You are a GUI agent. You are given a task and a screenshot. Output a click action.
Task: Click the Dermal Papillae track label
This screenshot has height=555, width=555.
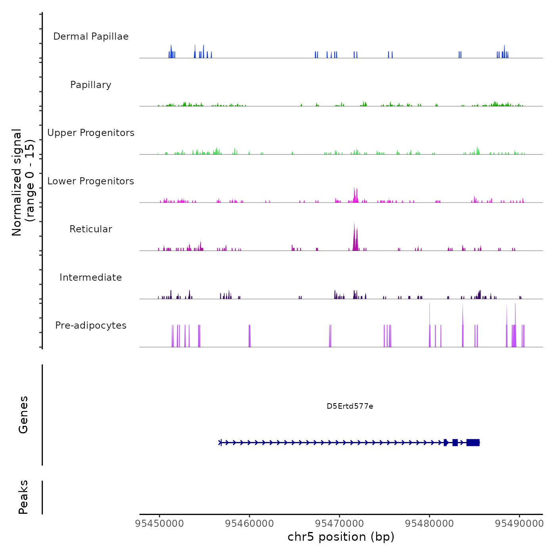click(x=91, y=36)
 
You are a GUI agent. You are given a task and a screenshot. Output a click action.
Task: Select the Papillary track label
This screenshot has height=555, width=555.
click(x=91, y=85)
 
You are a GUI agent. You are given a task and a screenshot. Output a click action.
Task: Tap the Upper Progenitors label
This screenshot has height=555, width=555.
click(x=91, y=133)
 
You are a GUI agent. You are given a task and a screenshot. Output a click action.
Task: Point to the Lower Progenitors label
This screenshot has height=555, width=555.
click(x=91, y=181)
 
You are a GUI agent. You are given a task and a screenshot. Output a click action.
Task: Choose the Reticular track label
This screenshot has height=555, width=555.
click(x=91, y=229)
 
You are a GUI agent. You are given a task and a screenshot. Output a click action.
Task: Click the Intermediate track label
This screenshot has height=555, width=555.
click(x=91, y=277)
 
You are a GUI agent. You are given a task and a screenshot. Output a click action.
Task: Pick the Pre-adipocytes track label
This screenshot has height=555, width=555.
click(x=91, y=325)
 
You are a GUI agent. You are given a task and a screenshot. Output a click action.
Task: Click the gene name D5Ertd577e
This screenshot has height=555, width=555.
click(x=350, y=406)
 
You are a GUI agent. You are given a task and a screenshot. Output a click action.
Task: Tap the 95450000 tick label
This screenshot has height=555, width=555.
click(x=159, y=524)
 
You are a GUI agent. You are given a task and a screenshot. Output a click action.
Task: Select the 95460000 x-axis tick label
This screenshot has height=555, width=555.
click(x=249, y=524)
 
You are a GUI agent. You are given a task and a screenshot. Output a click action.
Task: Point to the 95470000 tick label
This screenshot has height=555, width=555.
click(x=339, y=524)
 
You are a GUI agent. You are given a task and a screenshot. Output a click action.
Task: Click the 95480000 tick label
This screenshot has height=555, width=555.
click(x=429, y=524)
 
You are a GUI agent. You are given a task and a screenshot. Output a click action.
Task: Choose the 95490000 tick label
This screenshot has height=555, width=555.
click(x=519, y=524)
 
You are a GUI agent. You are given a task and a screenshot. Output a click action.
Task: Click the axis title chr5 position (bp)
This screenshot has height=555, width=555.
click(x=341, y=537)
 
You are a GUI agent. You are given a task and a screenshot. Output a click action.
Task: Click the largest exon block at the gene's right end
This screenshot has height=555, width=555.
click(x=473, y=442)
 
